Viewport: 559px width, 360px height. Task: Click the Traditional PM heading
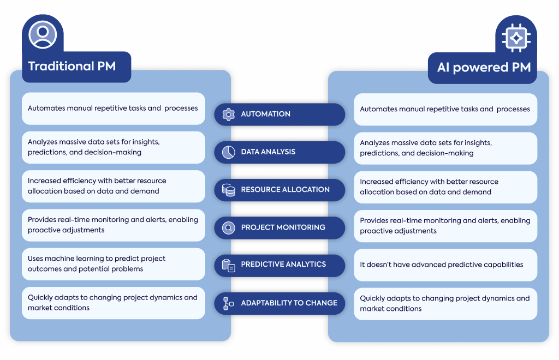(72, 66)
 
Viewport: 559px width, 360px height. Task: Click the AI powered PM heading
(484, 67)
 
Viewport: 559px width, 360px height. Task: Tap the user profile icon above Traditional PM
(43, 34)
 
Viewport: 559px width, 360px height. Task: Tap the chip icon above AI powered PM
(516, 38)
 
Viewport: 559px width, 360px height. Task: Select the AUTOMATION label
(266, 114)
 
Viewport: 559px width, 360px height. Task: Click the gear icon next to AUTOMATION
(229, 115)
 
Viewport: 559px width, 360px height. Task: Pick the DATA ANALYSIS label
(268, 152)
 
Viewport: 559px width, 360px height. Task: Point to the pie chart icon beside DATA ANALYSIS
(229, 152)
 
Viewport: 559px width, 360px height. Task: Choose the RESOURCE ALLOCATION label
(285, 189)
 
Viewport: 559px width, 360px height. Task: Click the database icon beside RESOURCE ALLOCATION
(229, 190)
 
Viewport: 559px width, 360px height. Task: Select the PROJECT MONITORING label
(283, 227)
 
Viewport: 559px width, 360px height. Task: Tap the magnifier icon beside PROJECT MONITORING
(229, 227)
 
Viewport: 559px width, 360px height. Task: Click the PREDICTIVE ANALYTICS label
(283, 264)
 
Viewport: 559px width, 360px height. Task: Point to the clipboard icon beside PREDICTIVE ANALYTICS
(229, 266)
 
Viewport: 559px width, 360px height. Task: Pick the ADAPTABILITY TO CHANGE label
(289, 303)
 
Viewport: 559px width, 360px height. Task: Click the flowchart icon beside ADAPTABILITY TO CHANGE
(228, 304)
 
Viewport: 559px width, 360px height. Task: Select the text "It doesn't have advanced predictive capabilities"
(441, 265)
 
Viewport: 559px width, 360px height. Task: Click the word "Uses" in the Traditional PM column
(35, 259)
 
